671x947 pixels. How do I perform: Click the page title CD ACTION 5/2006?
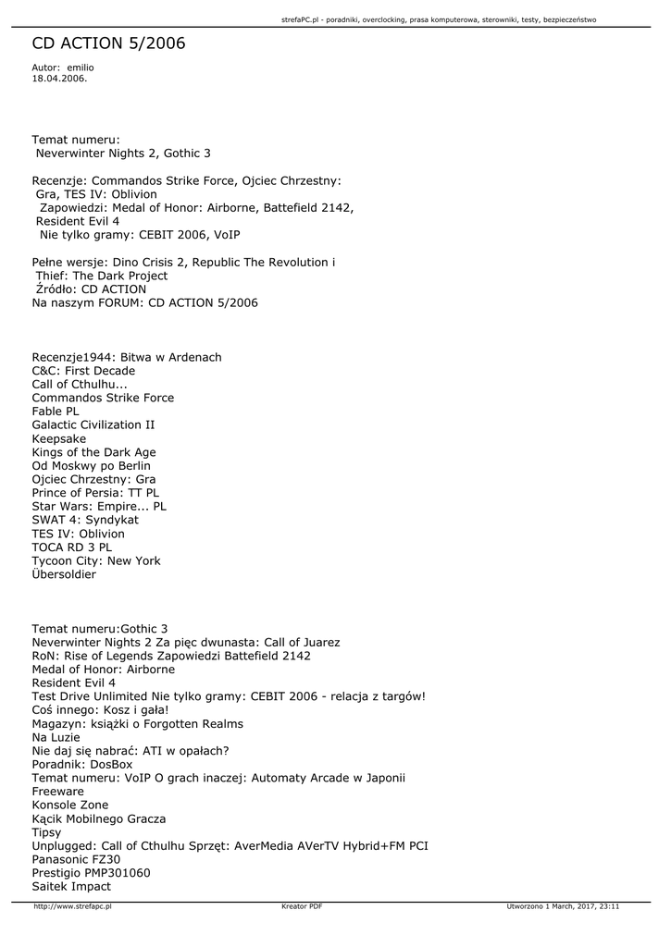tap(108, 43)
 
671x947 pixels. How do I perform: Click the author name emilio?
tap(81, 68)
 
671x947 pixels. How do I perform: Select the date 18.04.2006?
tap(59, 79)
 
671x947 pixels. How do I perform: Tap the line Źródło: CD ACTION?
tap(91, 289)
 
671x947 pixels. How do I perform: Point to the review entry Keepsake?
tap(59, 438)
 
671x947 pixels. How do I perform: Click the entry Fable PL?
tap(56, 412)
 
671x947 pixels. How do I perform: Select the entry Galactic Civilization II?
tap(93, 425)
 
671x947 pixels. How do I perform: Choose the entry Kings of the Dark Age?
tap(93, 452)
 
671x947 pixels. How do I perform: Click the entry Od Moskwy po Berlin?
tap(91, 466)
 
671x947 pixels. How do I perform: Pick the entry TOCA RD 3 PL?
tap(72, 547)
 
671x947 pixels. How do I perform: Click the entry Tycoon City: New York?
tap(96, 560)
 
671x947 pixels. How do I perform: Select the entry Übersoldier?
tap(64, 574)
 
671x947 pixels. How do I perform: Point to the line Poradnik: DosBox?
tap(82, 765)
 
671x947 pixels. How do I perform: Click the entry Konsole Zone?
tap(70, 806)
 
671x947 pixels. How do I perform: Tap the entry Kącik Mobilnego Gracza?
tap(99, 819)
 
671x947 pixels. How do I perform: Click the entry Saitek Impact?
tap(71, 886)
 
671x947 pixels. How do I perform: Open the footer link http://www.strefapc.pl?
tap(72, 906)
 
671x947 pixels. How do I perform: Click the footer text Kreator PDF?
tap(302, 906)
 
